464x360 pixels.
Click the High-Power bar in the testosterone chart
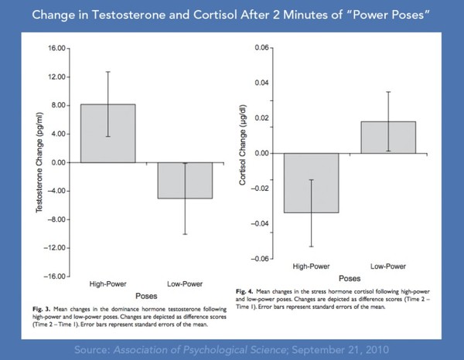[x=107, y=133]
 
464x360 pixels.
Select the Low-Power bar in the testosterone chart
[x=186, y=180]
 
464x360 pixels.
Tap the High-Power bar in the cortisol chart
[x=311, y=182]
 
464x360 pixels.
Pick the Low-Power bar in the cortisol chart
[x=387, y=138]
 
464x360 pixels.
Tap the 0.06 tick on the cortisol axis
[x=261, y=48]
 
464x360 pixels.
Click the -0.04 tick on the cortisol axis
[x=259, y=223]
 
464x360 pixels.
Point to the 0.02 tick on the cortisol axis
[x=261, y=118]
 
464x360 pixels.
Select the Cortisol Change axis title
[x=243, y=153]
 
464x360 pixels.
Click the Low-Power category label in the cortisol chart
[x=388, y=267]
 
